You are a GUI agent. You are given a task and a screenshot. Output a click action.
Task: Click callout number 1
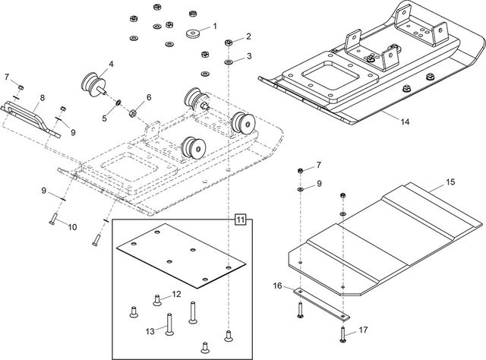215,27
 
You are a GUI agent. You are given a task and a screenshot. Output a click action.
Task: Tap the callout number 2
248,36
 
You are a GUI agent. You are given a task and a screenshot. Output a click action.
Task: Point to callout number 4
111,63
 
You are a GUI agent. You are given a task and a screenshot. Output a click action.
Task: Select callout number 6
149,98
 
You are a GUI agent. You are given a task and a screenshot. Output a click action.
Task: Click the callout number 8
42,98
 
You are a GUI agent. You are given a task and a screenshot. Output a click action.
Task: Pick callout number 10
73,226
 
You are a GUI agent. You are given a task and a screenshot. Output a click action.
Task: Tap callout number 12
176,293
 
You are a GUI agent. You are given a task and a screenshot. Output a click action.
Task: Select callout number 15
450,182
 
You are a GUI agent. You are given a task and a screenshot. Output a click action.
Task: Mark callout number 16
277,286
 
